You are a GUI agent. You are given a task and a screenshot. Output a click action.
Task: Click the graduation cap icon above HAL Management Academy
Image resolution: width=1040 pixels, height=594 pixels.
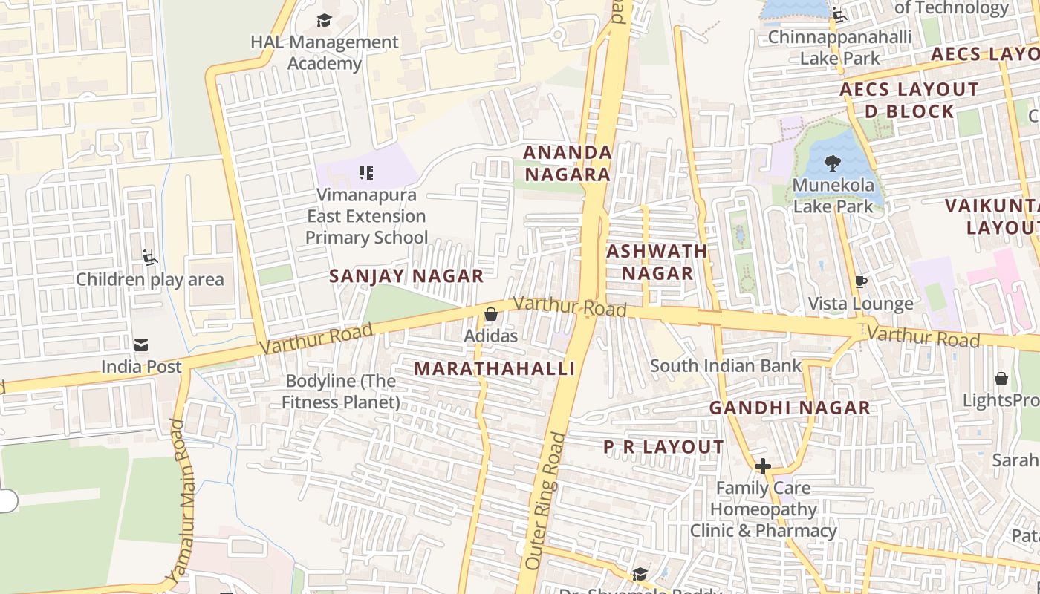pyautogui.click(x=324, y=20)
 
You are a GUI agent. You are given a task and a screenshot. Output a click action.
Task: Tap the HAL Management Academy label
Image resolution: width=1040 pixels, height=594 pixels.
pyautogui.click(x=325, y=53)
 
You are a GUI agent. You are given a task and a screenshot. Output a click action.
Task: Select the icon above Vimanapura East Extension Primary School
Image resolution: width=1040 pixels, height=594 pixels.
pyautogui.click(x=365, y=173)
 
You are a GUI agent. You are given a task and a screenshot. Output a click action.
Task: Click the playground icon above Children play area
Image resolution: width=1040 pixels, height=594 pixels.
pyautogui.click(x=149, y=258)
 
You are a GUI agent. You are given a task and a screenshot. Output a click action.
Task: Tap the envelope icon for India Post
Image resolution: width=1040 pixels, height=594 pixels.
pyautogui.click(x=141, y=345)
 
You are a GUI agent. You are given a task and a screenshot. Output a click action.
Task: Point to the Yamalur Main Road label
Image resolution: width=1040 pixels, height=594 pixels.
pyautogui.click(x=179, y=500)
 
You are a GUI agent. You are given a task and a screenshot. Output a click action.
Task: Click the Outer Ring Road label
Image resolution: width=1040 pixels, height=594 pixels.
pyautogui.click(x=545, y=501)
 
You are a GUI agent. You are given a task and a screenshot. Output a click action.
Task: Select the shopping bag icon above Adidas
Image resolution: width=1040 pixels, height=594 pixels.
pyautogui.click(x=490, y=315)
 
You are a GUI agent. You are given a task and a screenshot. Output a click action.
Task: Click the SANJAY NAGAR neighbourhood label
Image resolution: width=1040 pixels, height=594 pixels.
pyautogui.click(x=406, y=276)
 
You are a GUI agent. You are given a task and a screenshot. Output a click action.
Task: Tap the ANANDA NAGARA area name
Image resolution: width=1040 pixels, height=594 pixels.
pyautogui.click(x=568, y=163)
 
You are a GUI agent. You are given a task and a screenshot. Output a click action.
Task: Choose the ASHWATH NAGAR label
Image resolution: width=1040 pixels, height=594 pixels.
pyautogui.click(x=657, y=262)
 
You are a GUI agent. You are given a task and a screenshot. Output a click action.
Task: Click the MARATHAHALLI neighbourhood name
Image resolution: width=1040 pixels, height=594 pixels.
pyautogui.click(x=495, y=369)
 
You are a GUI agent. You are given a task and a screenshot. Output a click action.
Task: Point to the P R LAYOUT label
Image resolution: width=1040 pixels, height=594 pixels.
pyautogui.click(x=663, y=447)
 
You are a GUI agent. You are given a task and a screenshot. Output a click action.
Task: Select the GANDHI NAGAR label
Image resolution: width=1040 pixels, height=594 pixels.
pyautogui.click(x=790, y=408)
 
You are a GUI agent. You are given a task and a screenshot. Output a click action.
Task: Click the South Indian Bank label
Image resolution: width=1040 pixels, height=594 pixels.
pyautogui.click(x=726, y=365)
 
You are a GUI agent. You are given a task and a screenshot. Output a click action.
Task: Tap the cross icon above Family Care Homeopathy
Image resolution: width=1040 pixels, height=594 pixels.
pyautogui.click(x=763, y=466)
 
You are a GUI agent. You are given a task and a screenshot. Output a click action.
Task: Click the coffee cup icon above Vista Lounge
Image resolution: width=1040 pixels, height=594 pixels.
pyautogui.click(x=861, y=282)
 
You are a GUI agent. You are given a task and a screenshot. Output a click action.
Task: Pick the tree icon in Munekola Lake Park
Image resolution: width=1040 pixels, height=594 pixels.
pyautogui.click(x=833, y=163)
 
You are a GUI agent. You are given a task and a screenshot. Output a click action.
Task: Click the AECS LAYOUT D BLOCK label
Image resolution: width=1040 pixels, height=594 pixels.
pyautogui.click(x=909, y=100)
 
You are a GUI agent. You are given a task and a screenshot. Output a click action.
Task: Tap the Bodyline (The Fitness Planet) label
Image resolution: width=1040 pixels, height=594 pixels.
pyautogui.click(x=342, y=391)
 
